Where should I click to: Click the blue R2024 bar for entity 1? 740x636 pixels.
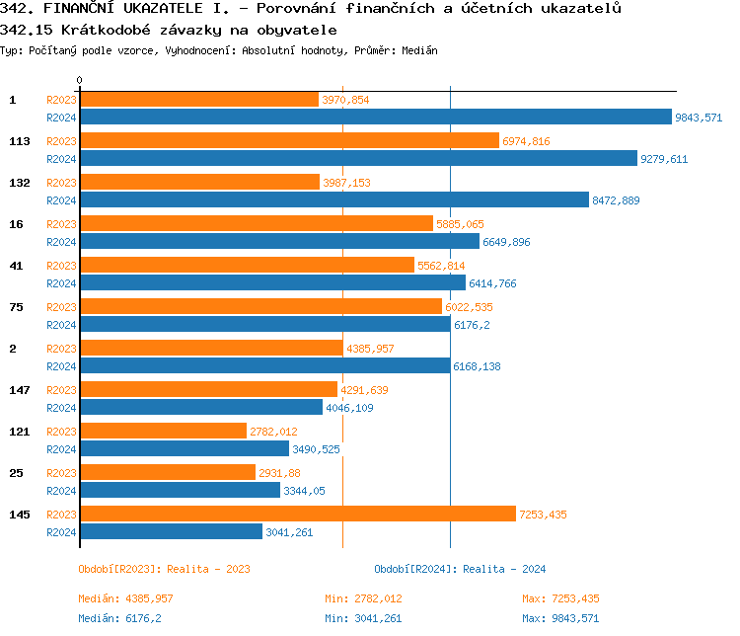tap(375, 118)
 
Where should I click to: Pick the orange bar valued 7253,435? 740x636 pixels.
tap(297, 515)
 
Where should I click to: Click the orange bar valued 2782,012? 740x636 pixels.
tap(163, 432)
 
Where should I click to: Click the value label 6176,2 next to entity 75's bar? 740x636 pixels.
tap(473, 325)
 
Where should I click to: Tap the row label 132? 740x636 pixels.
tap(19, 183)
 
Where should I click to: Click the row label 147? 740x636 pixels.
tap(19, 390)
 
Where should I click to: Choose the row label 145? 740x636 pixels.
tap(19, 515)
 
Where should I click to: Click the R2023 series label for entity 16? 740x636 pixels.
tap(61, 224)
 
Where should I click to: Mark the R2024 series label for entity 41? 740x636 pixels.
tap(61, 283)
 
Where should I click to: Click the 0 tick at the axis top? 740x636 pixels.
tap(80, 80)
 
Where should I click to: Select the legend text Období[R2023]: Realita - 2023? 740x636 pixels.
tap(164, 569)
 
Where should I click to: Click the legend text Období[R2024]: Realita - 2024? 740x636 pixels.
tap(460, 569)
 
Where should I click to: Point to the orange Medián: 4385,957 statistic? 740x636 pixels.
tap(125, 598)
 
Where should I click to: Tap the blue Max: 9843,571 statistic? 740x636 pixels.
tap(560, 618)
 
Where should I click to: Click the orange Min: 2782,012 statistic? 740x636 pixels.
tap(363, 598)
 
